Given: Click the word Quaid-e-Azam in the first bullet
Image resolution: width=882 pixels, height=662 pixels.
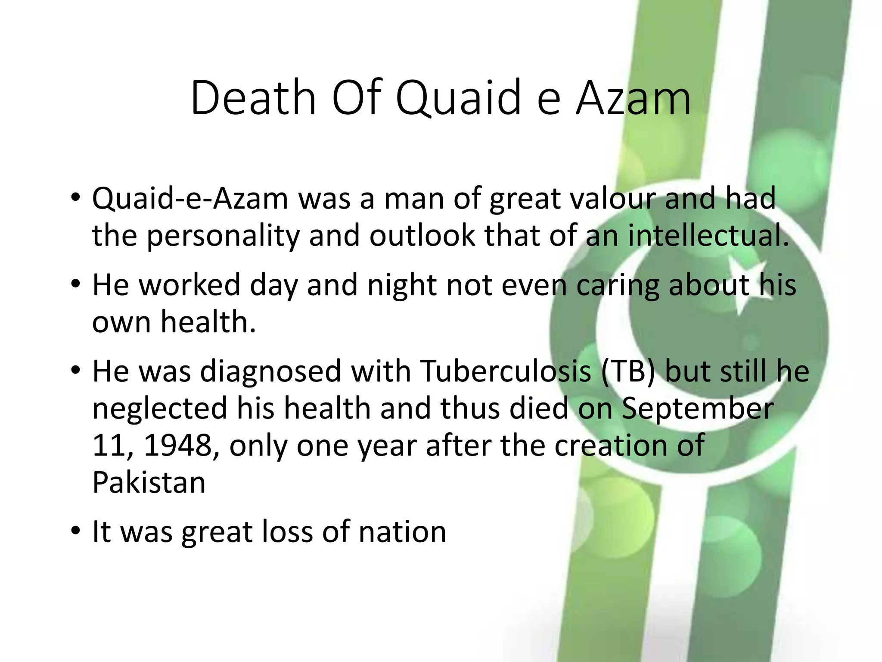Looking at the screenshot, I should click(x=190, y=199).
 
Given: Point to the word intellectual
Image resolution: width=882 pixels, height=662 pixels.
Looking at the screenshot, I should click(x=708, y=236).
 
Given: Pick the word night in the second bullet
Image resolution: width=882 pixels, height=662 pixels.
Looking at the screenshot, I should click(x=402, y=285).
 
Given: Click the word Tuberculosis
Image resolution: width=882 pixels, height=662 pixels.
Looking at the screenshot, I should click(x=506, y=371).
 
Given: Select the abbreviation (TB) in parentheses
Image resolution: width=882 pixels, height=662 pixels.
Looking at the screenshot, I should click(x=628, y=371).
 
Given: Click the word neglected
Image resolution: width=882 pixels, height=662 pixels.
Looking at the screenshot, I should click(x=159, y=409).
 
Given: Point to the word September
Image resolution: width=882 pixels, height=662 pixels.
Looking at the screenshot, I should click(x=697, y=409).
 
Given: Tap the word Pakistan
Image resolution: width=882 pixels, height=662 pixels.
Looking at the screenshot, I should click(x=149, y=482).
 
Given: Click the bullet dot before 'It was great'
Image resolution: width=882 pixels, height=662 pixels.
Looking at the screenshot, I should click(x=76, y=531).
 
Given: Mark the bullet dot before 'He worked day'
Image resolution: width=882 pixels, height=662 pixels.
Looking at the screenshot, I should click(x=76, y=284).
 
